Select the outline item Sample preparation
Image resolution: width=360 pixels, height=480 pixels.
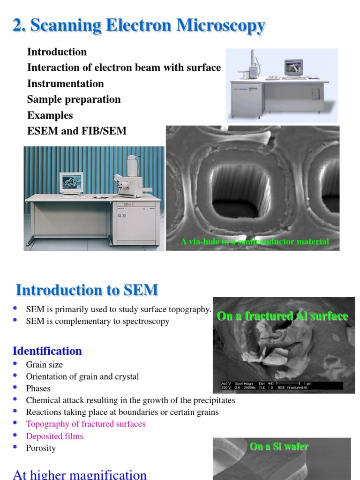tap(74, 99)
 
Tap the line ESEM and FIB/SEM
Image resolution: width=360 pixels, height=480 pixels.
tap(77, 131)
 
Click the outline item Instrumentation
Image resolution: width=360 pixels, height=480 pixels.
tap(65, 83)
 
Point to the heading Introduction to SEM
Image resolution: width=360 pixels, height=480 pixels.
tap(87, 290)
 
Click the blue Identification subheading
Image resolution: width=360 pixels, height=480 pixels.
tap(47, 351)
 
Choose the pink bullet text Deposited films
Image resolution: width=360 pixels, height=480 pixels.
tap(54, 436)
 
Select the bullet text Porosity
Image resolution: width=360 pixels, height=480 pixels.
tap(41, 448)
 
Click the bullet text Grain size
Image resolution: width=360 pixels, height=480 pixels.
tap(44, 365)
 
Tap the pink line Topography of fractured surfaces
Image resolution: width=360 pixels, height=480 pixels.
tap(86, 424)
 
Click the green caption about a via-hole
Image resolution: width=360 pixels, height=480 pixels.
tap(255, 242)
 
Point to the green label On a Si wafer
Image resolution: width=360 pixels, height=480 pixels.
tap(279, 446)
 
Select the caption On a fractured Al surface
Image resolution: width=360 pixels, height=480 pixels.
tap(282, 316)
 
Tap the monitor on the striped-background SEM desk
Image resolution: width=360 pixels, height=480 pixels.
tap(71, 183)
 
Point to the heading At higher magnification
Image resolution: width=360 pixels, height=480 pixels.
tap(80, 474)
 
